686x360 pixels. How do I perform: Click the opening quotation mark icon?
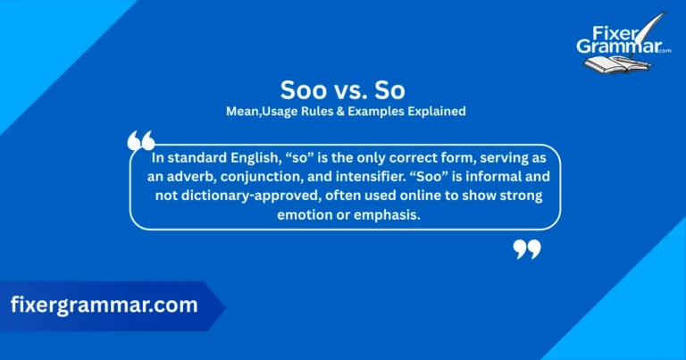[141, 141]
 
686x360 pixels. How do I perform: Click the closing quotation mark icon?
[527, 249]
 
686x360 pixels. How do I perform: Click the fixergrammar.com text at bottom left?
[104, 305]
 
